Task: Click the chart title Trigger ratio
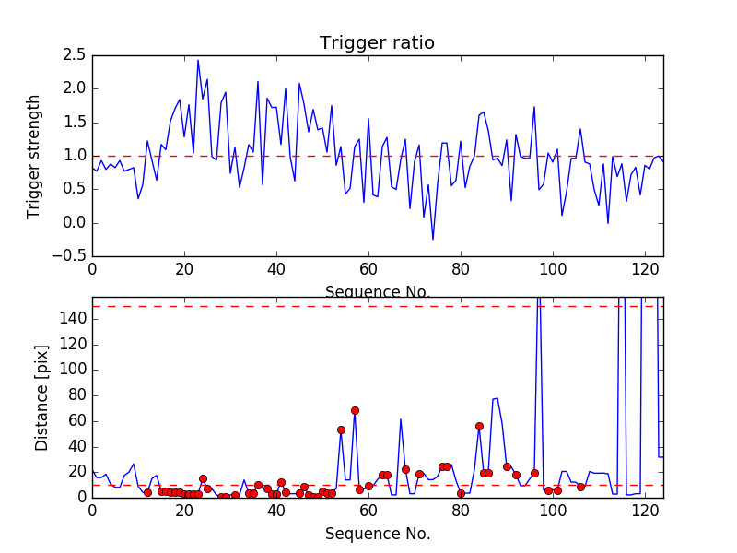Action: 377,43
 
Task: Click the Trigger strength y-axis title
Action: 34,156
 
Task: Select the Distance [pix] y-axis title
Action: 41,398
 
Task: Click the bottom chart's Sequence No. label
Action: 377,534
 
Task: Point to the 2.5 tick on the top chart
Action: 75,55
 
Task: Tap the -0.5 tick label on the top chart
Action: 71,256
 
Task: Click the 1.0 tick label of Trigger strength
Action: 75,156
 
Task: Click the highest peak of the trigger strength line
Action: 198,61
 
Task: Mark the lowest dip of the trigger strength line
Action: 433,240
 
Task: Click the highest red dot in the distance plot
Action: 355,410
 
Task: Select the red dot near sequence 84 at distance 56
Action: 479,426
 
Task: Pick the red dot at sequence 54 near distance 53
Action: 341,429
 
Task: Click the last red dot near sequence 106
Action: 580,487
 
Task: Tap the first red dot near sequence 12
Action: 147,492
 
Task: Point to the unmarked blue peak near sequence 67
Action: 401,419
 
